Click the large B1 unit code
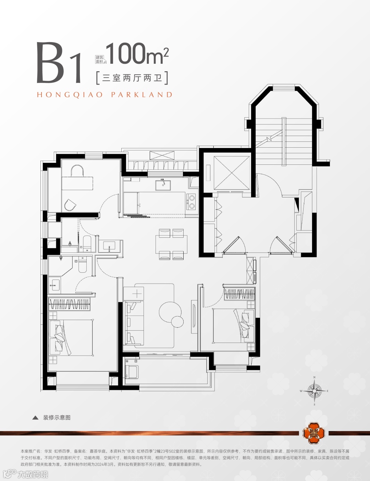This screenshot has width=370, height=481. coord(59,63)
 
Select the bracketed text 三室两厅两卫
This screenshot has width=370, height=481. coord(132,78)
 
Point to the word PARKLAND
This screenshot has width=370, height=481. coord(141,95)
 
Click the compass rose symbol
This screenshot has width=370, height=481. coord(314,391)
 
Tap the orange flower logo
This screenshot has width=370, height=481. coord(313,433)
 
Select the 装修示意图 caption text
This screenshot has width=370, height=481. coord(57,418)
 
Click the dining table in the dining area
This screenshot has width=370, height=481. coord(171,244)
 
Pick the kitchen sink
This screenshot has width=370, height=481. coord(163,185)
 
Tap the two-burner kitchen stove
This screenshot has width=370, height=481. coord(192,202)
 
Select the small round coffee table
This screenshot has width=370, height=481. coord(177,321)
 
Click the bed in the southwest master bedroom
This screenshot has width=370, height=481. coord(71,337)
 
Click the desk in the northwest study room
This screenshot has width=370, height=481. coord(77,183)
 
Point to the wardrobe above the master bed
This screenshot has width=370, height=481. coord(70,304)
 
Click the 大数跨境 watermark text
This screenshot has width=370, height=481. coord(33,474)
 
